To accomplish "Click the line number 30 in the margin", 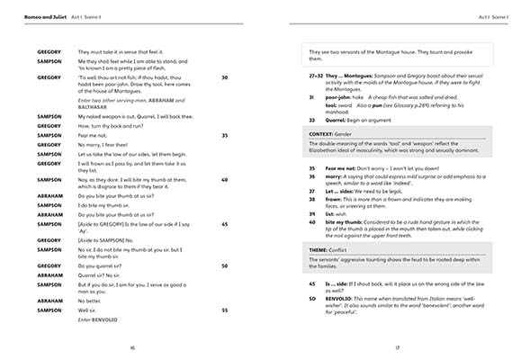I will point(224,77).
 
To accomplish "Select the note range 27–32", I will point(315,76).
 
